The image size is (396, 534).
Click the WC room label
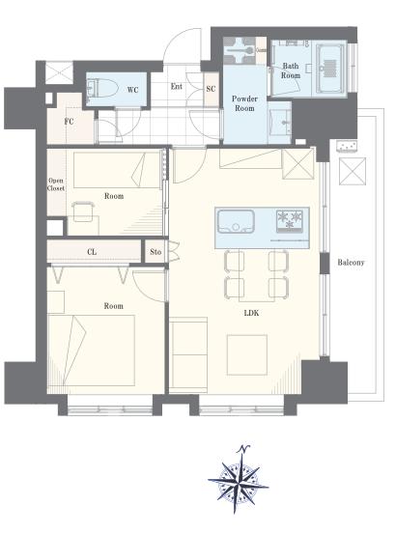(132, 90)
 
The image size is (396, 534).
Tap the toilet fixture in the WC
(101, 88)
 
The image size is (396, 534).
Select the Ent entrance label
(177, 87)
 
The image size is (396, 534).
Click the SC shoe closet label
(211, 89)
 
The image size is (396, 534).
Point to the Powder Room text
(244, 103)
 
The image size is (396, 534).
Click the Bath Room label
(291, 70)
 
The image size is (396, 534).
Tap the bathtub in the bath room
(330, 68)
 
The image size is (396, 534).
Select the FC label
(69, 122)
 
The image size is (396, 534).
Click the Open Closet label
(56, 184)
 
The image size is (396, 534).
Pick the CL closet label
(92, 252)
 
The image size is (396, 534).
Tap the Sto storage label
(156, 252)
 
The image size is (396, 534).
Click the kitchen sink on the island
(236, 222)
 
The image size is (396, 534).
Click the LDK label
(251, 313)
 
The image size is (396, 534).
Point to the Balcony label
(351, 263)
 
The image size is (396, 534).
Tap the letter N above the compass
(243, 449)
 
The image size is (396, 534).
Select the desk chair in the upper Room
(83, 211)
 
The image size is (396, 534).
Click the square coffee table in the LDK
(247, 354)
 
